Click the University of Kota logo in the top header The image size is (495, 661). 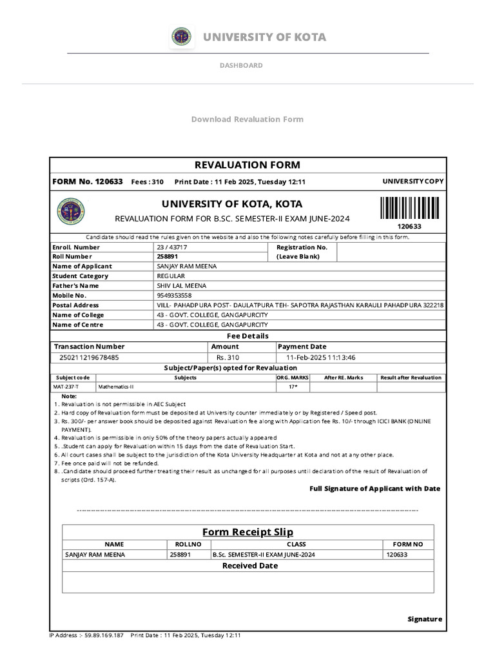click(x=181, y=37)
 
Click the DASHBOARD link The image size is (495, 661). click(x=241, y=65)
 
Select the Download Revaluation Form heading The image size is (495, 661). click(x=247, y=119)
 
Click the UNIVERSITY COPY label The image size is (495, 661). click(x=412, y=181)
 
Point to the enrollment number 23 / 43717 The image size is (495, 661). click(x=173, y=247)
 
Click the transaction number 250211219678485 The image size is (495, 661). click(x=89, y=357)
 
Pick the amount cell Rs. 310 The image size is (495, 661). click(x=228, y=357)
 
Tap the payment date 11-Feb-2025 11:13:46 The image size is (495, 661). click(x=316, y=357)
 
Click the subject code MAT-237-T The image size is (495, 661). click(x=67, y=387)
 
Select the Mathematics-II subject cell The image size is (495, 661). click(x=116, y=387)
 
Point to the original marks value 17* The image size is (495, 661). click(x=293, y=387)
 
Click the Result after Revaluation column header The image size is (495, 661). click(x=411, y=378)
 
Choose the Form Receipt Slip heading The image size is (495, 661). click(x=247, y=532)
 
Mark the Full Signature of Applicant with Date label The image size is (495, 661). click(x=374, y=489)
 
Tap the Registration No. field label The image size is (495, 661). click(x=302, y=247)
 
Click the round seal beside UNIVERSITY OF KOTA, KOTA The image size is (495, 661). click(x=71, y=211)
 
